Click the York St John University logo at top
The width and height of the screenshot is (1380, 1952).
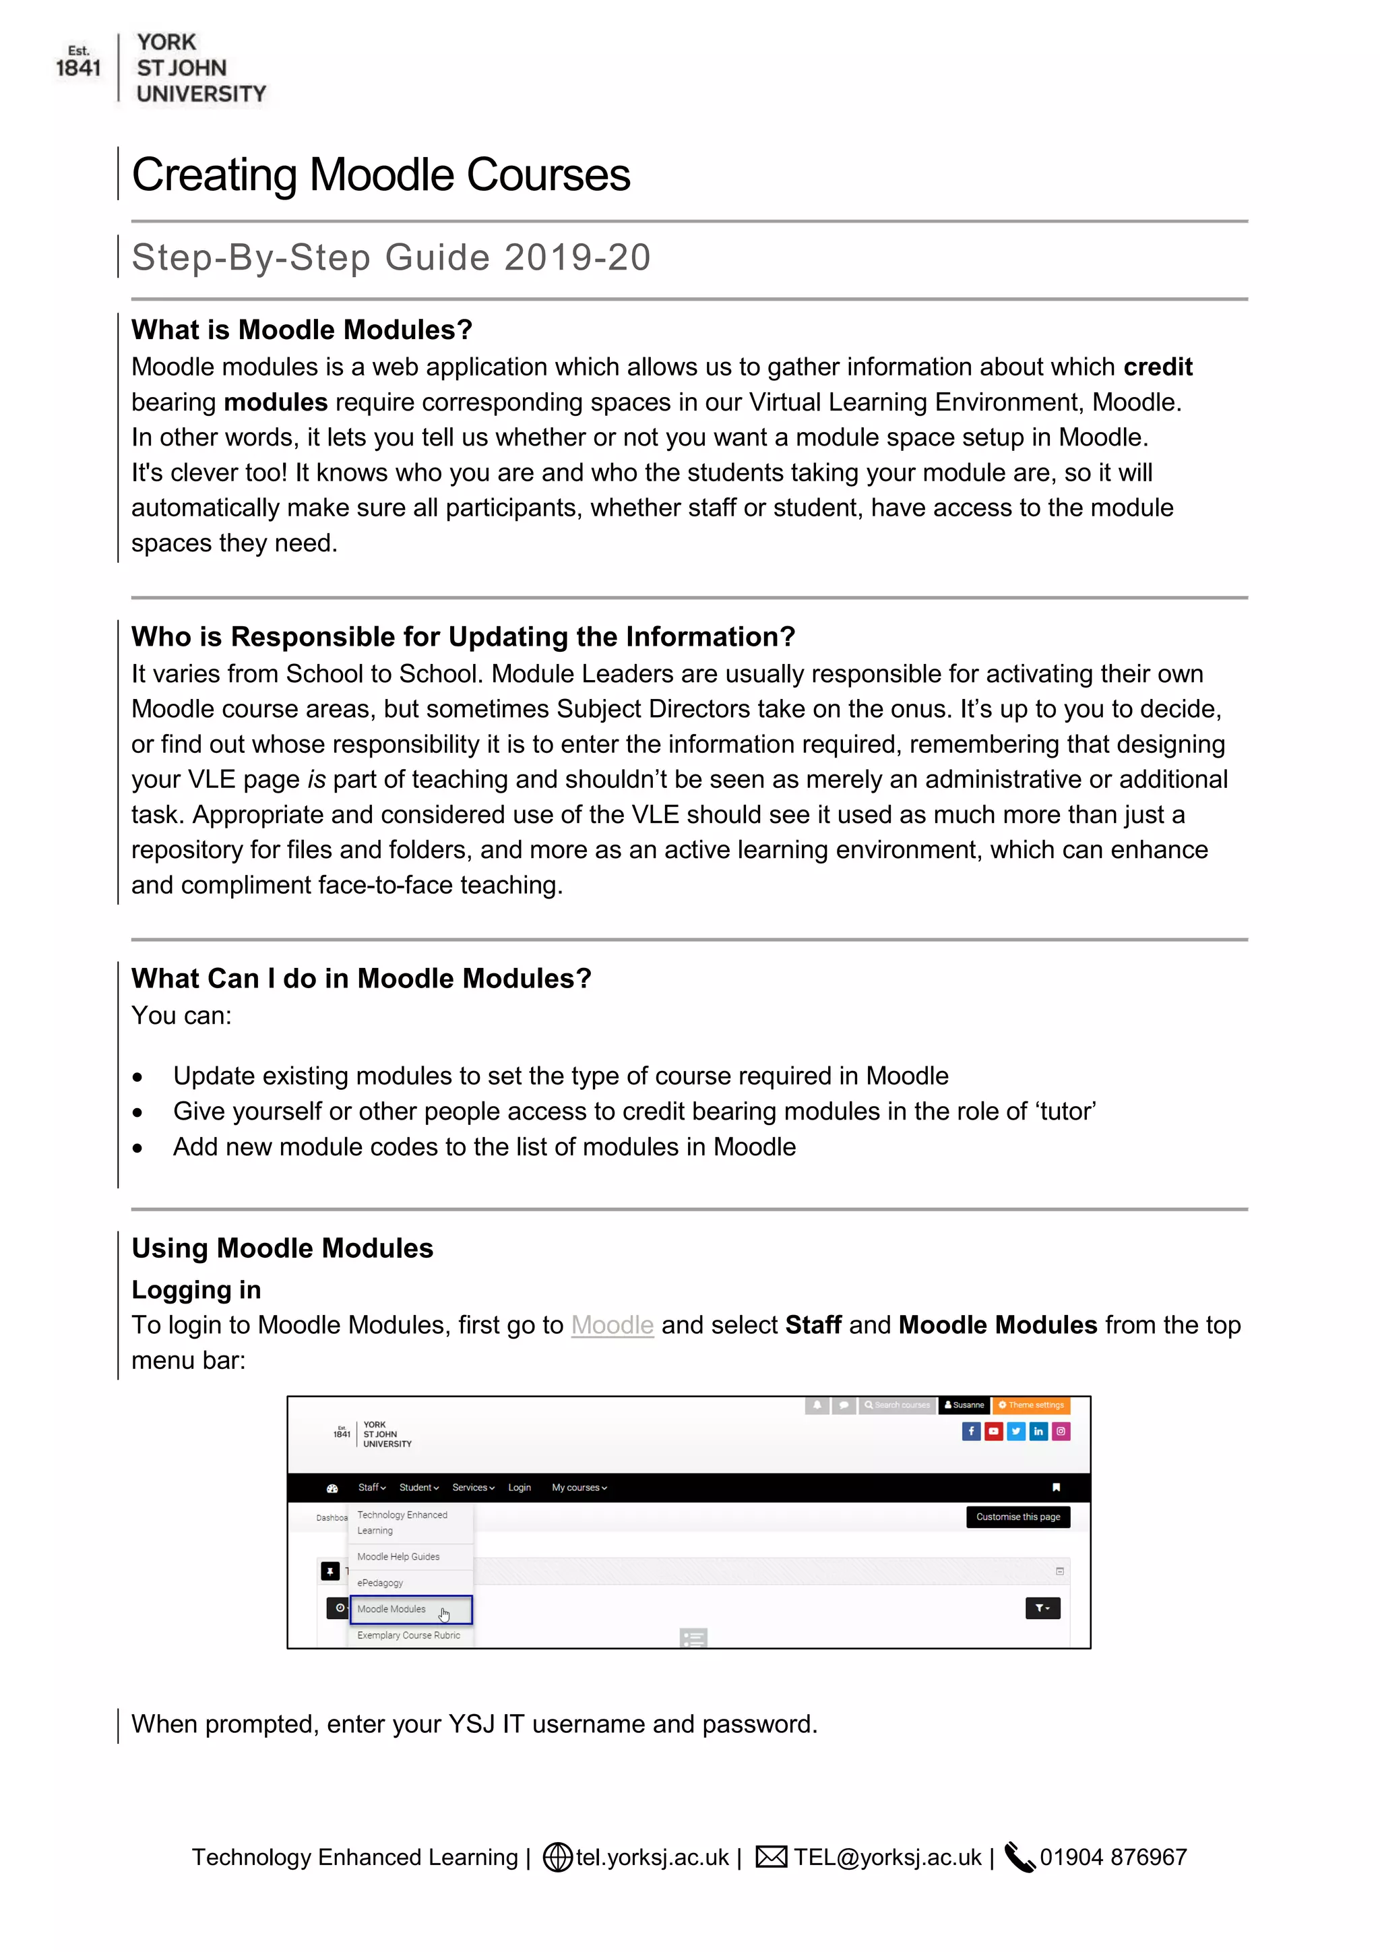162,68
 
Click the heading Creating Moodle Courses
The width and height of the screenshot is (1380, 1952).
381,175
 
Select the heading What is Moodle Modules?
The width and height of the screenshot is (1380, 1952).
302,330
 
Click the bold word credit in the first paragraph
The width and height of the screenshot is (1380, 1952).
1158,367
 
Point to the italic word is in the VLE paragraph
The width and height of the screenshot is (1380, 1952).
316,780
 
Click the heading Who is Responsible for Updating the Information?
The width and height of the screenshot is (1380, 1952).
463,637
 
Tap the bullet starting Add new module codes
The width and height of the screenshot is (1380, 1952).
484,1147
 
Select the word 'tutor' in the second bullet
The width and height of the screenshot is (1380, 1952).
1065,1111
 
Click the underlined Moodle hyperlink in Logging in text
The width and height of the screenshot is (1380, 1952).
612,1325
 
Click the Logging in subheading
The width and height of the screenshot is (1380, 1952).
196,1289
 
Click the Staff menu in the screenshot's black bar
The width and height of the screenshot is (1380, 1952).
371,1488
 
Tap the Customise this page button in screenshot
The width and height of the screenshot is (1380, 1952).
1017,1517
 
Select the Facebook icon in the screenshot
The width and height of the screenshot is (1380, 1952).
970,1432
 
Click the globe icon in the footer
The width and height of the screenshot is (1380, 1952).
557,1858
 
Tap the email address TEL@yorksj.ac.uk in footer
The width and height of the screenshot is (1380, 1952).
887,1858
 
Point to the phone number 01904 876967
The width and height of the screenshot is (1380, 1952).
1112,1858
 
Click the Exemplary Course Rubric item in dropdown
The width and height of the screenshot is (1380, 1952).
409,1636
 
